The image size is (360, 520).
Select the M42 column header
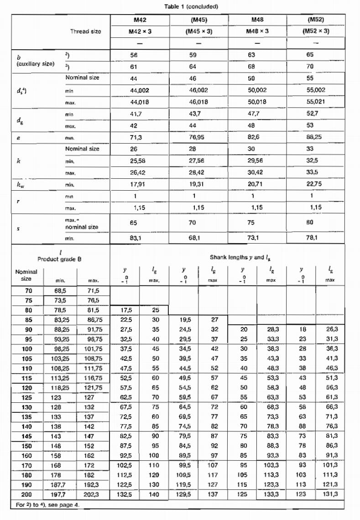click(140, 21)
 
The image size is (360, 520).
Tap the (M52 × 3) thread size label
click(316, 31)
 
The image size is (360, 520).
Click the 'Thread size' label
click(86, 31)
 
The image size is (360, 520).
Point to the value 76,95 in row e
click(198, 136)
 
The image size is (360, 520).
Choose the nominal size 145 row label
click(27, 436)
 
